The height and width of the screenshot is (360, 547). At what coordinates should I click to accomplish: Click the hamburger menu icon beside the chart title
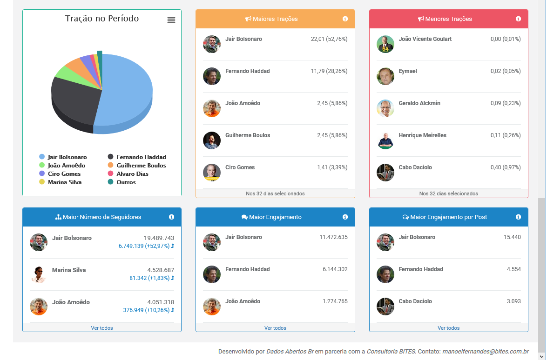click(x=171, y=20)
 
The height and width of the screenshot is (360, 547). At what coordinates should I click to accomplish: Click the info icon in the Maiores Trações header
click(x=345, y=19)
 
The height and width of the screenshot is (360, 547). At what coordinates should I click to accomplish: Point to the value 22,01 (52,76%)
click(x=329, y=39)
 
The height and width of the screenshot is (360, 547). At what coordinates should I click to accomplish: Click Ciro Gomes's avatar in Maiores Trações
click(x=212, y=172)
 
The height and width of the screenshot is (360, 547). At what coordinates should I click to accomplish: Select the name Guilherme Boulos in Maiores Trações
click(x=248, y=135)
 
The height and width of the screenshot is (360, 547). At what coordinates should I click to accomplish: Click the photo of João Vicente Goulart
click(x=385, y=44)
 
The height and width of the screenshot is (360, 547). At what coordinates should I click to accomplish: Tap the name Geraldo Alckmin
click(x=419, y=103)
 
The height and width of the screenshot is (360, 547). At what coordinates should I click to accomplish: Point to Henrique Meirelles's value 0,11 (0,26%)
click(x=506, y=135)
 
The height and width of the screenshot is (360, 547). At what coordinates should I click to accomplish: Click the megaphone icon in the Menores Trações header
click(x=421, y=19)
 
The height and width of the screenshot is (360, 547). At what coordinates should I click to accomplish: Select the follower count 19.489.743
click(x=159, y=238)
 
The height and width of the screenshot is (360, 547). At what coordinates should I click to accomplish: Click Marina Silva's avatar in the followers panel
click(x=39, y=274)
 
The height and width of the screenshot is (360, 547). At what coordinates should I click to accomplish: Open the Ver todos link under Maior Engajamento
click(x=275, y=328)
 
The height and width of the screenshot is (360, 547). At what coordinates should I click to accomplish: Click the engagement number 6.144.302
click(x=335, y=269)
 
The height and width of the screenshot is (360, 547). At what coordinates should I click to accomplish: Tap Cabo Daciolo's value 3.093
click(x=513, y=301)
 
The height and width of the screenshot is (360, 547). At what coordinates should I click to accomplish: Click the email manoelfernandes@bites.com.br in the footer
click(x=485, y=352)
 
